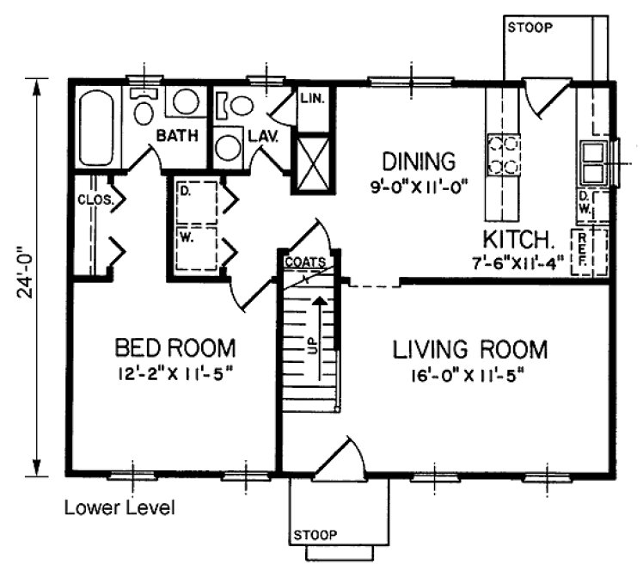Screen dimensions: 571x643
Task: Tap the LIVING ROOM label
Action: tap(470, 350)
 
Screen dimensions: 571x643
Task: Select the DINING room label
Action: tap(418, 161)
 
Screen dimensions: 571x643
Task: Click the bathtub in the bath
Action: tap(95, 129)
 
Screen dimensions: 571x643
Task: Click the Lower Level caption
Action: tap(119, 508)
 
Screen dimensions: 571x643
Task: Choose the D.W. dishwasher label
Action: tap(585, 205)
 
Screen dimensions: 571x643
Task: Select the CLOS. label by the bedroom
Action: tap(89, 200)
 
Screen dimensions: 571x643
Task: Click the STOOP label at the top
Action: tap(530, 27)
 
